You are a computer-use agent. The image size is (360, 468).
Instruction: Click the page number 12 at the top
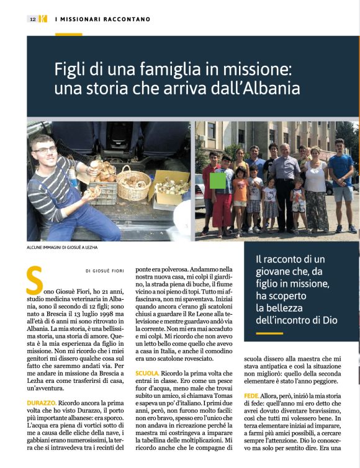[32, 19]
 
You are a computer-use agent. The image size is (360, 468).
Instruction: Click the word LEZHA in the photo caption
[89, 248]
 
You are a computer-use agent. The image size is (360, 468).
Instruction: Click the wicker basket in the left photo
[133, 182]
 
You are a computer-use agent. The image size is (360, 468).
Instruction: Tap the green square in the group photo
[218, 181]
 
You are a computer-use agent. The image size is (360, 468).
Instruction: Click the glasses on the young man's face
[45, 150]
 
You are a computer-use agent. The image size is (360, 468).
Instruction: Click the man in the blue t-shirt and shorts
[341, 180]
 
